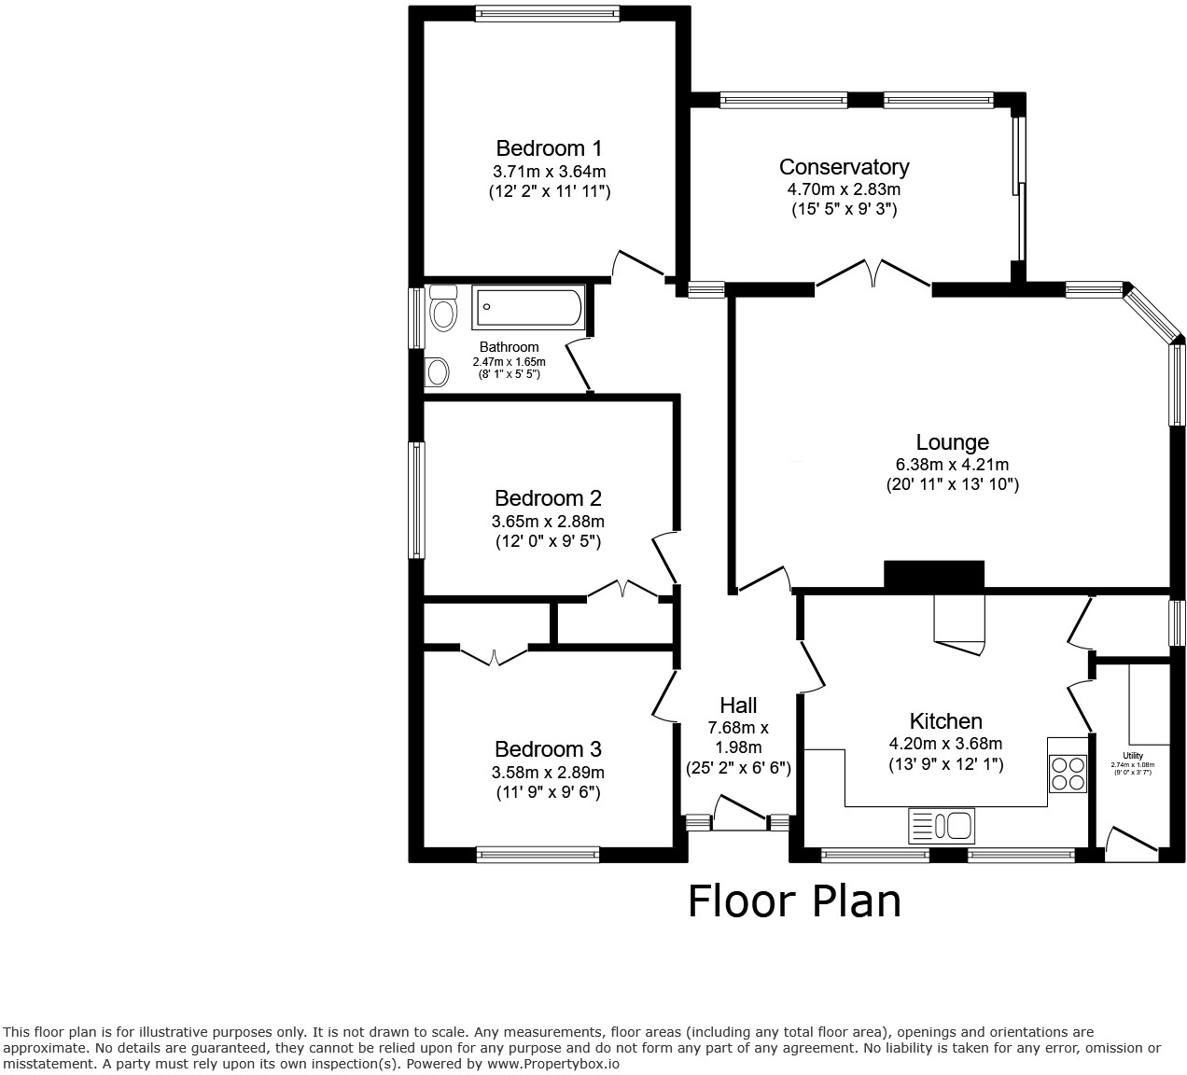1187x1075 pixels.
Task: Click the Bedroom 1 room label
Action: pos(549,148)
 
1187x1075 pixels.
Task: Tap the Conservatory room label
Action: pos(844,167)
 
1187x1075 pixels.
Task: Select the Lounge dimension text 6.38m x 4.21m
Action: pos(952,464)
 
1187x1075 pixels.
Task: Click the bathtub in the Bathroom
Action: pos(528,307)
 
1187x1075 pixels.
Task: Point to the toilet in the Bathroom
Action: pos(443,310)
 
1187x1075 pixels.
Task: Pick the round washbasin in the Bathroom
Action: pos(436,372)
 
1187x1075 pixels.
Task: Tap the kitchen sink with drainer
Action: pos(941,826)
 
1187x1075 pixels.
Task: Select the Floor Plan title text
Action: pos(794,901)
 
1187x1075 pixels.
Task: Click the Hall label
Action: pos(738,705)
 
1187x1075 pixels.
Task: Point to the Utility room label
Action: pos(1133,756)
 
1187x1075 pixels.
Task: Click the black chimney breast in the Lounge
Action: pos(934,575)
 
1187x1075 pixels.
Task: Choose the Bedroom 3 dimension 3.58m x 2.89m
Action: pos(549,773)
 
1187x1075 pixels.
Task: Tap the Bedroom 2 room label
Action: pos(548,497)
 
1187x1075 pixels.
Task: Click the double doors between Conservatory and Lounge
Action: pos(873,274)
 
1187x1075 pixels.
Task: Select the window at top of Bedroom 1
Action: pos(548,13)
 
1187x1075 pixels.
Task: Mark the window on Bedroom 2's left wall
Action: pos(417,500)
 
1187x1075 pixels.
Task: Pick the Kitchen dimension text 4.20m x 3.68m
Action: pos(945,744)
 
